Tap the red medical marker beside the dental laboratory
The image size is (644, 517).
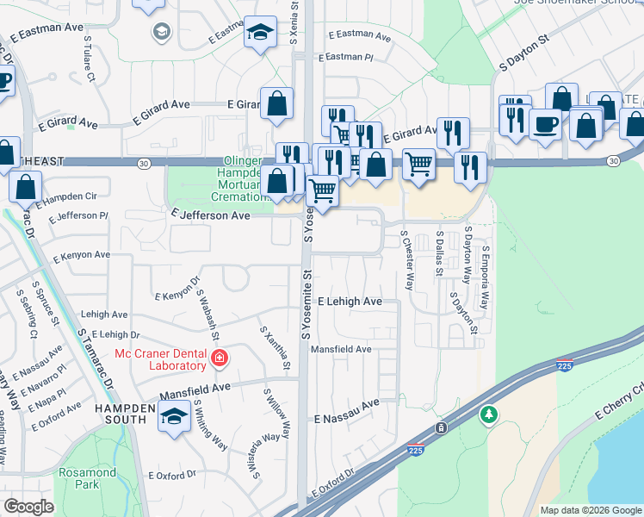[x=220, y=358]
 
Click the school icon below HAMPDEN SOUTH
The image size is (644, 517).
[x=174, y=418]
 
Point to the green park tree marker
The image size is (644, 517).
[x=489, y=416]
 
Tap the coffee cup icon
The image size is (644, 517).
[x=545, y=124]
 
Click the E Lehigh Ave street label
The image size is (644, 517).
[x=350, y=302]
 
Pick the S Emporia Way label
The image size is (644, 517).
[x=486, y=278]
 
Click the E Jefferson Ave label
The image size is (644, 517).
[x=210, y=215]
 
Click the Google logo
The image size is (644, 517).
[x=28, y=507]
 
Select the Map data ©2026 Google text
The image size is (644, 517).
[x=590, y=510]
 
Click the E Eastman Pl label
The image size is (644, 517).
[x=345, y=59]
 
